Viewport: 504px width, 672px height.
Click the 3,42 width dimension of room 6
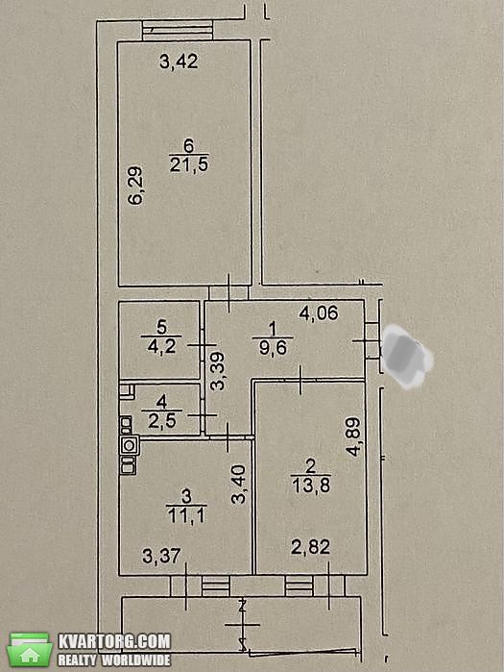click(x=179, y=62)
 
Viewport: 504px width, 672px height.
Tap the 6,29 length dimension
click(x=136, y=186)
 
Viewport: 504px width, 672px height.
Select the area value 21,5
click(x=189, y=164)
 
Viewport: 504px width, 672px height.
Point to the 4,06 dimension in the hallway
click(x=319, y=313)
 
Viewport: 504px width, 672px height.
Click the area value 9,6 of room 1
click(x=273, y=348)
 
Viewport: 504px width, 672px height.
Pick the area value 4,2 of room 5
click(x=161, y=346)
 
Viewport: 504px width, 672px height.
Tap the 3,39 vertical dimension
click(x=218, y=371)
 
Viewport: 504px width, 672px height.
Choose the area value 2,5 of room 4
click(x=161, y=420)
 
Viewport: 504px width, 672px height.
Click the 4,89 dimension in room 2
click(x=354, y=437)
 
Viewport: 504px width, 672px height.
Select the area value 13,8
click(x=311, y=486)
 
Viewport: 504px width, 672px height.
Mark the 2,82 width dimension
click(x=310, y=547)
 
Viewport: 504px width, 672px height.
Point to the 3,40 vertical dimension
click(x=239, y=485)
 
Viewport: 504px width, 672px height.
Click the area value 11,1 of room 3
click(x=186, y=515)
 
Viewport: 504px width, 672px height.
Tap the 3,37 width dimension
click(x=161, y=557)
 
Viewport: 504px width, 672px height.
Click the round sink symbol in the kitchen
click(x=130, y=445)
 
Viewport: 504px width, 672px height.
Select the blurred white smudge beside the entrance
click(x=405, y=356)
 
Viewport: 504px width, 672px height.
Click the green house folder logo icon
click(x=30, y=649)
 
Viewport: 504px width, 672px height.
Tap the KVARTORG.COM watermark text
click(x=114, y=641)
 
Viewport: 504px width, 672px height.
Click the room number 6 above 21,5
click(x=189, y=146)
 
